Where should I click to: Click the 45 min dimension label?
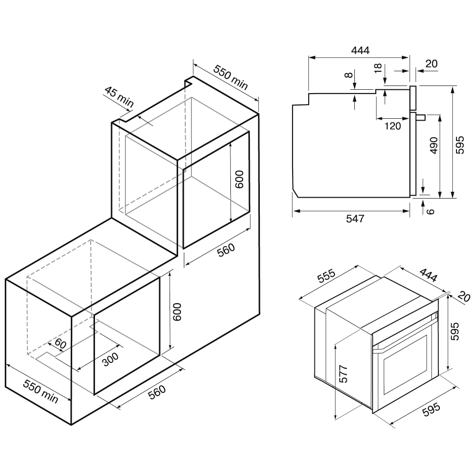tap(119, 96)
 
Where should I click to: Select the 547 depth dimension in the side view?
tap(355, 218)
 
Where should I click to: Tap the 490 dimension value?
tap(434, 145)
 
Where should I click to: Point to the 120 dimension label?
tap(393, 126)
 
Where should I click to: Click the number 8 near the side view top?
tap(349, 74)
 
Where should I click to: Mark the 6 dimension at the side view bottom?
tap(430, 211)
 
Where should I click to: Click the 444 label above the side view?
tap(360, 50)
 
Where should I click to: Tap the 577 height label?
tap(343, 374)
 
